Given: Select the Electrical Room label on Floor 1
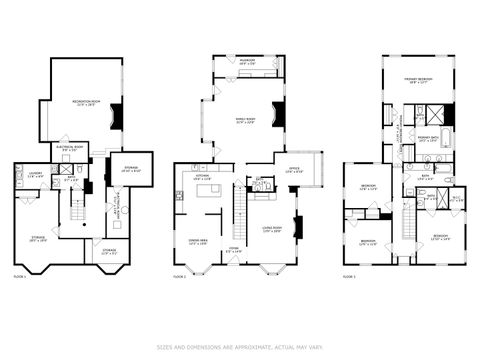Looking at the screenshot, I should pyautogui.click(x=70, y=150).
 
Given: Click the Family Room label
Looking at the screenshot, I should pyautogui.click(x=244, y=121).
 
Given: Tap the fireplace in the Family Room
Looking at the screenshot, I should pyautogui.click(x=280, y=115).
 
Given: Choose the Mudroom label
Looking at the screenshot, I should pyautogui.click(x=246, y=61).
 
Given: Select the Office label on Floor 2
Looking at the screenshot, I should pyautogui.click(x=294, y=169).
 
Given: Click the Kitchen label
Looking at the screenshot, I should pyautogui.click(x=201, y=178).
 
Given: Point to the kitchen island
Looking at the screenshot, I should pyautogui.click(x=208, y=190).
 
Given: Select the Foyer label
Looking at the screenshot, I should pyautogui.click(x=232, y=250).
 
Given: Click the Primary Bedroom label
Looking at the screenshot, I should pyautogui.click(x=417, y=82).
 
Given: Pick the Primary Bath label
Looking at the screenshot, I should pyautogui.click(x=429, y=139).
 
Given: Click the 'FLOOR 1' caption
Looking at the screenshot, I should pyautogui.click(x=20, y=275).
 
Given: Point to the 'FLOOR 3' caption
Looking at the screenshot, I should pyautogui.click(x=349, y=275).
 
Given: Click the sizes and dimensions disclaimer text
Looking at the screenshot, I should pyautogui.click(x=240, y=347).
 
